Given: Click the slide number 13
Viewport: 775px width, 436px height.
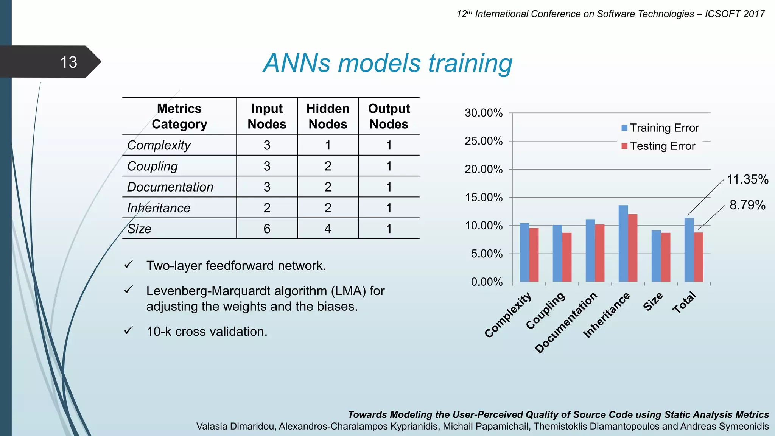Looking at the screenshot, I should coord(68,62).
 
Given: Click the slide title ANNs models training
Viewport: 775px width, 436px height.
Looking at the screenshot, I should coord(387,63).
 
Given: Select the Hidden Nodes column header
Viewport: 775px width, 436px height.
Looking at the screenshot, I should coord(328,116).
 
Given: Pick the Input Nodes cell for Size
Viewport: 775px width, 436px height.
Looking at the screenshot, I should coord(267,229).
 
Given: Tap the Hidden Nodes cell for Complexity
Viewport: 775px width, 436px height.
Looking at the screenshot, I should coord(328,145).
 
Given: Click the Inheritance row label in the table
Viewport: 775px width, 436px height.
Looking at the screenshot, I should coord(159,208).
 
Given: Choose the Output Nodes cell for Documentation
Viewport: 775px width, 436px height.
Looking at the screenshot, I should coord(389,187).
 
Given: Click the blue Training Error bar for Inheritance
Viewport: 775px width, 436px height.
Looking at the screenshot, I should coord(623,244).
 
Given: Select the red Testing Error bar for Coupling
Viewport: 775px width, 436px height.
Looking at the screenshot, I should coord(566,257).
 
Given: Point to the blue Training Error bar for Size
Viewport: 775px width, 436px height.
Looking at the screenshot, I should coord(656,256).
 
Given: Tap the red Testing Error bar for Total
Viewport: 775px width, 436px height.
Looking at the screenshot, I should coord(699,257).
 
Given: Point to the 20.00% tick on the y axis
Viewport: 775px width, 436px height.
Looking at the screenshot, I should coord(484,169).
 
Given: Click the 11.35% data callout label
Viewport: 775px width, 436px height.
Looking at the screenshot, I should coord(747,179).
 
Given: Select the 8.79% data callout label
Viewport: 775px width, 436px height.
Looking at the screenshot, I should coord(747,205).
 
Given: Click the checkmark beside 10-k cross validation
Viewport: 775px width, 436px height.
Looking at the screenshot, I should coord(129,331).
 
